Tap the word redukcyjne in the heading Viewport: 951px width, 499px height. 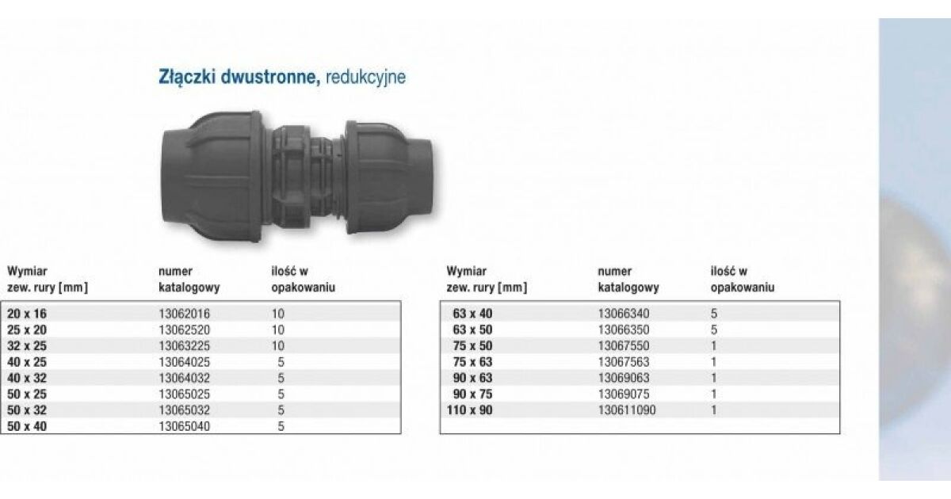365,78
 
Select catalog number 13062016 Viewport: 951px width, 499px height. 184,314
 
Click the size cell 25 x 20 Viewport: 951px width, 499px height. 27,330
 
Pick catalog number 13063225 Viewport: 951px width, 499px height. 184,346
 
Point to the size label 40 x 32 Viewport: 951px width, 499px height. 27,378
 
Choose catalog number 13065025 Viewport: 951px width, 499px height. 184,394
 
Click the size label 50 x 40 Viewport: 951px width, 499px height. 27,426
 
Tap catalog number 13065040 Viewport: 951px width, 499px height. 184,426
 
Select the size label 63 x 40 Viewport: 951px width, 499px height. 472,314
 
